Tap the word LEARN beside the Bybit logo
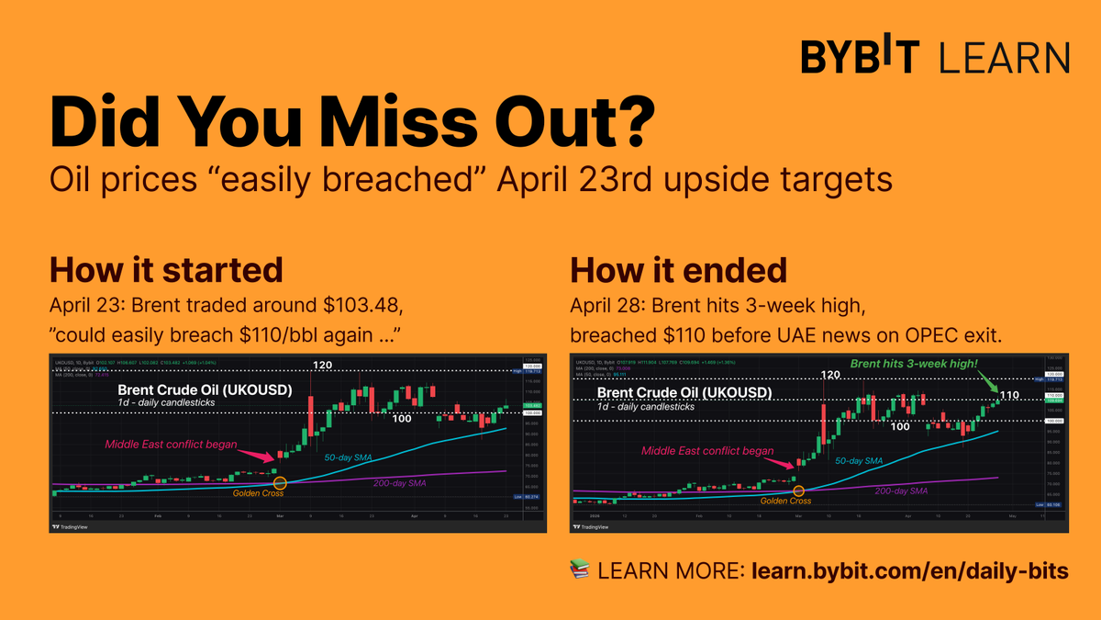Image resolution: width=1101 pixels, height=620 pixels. click(x=1005, y=57)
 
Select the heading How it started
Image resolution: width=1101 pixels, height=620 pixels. click(x=165, y=270)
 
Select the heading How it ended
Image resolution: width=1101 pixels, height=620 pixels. click(x=678, y=270)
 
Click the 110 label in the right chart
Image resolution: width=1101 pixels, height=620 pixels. click(x=1009, y=396)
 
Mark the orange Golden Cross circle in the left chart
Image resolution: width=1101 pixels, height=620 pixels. click(x=281, y=482)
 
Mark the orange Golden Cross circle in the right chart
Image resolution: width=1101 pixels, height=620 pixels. click(x=800, y=491)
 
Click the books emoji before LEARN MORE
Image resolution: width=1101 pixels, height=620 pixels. click(x=579, y=570)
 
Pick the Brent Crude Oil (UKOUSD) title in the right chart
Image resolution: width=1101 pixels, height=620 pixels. click(x=684, y=393)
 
